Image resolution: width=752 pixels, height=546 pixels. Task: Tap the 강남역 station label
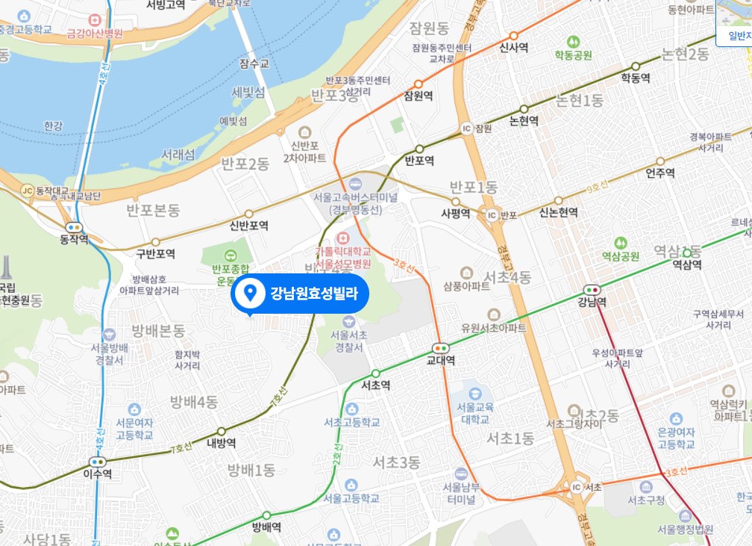tap(592, 302)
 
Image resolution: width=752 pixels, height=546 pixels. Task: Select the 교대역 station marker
tap(441, 347)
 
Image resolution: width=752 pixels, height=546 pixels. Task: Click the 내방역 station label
tap(222, 443)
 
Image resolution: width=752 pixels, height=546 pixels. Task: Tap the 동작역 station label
tap(74, 239)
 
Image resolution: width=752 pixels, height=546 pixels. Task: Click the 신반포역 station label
tap(249, 226)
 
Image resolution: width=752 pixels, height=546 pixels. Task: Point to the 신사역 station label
tap(513, 48)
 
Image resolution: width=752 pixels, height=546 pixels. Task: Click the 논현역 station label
tap(524, 120)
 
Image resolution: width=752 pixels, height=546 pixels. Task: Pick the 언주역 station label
tap(660, 173)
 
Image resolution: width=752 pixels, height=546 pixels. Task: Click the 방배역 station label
tap(266, 527)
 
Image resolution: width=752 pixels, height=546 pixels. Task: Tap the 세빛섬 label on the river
tap(248, 93)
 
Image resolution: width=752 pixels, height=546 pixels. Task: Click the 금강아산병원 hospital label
tap(95, 33)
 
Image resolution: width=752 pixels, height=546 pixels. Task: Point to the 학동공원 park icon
tap(573, 42)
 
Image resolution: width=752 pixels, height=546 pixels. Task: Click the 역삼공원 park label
tap(620, 256)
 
